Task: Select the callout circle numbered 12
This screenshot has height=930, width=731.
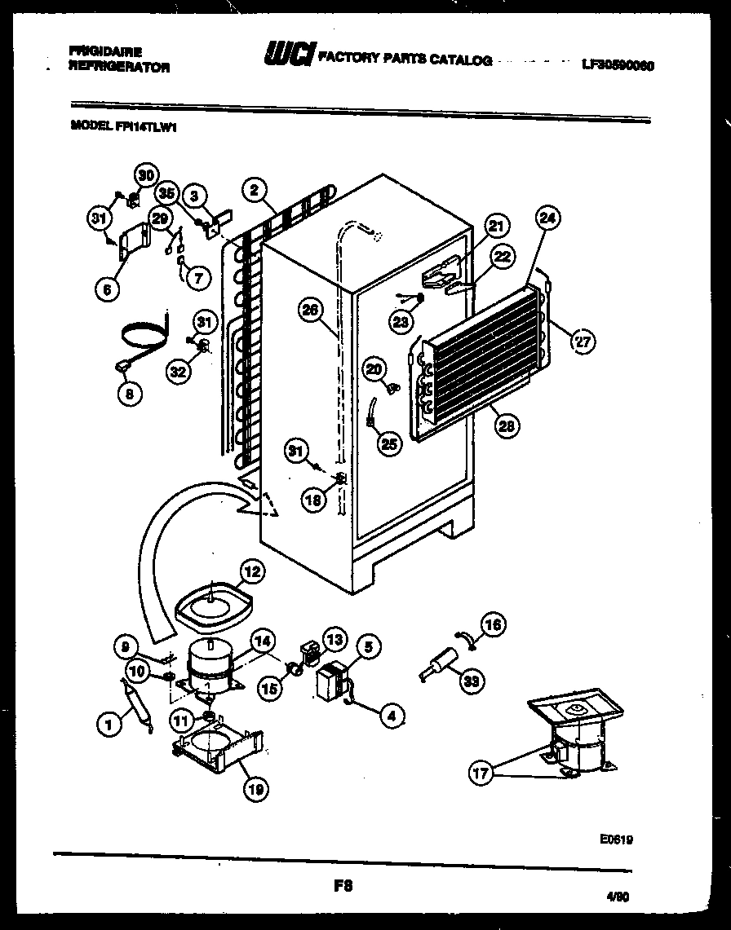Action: tap(251, 572)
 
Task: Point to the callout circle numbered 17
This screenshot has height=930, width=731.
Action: tap(481, 773)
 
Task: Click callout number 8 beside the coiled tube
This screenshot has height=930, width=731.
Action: tap(129, 394)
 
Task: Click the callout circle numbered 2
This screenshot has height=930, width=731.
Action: tap(255, 191)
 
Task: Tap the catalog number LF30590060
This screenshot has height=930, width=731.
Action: tap(619, 64)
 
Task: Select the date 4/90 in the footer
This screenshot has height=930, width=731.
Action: tap(618, 897)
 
